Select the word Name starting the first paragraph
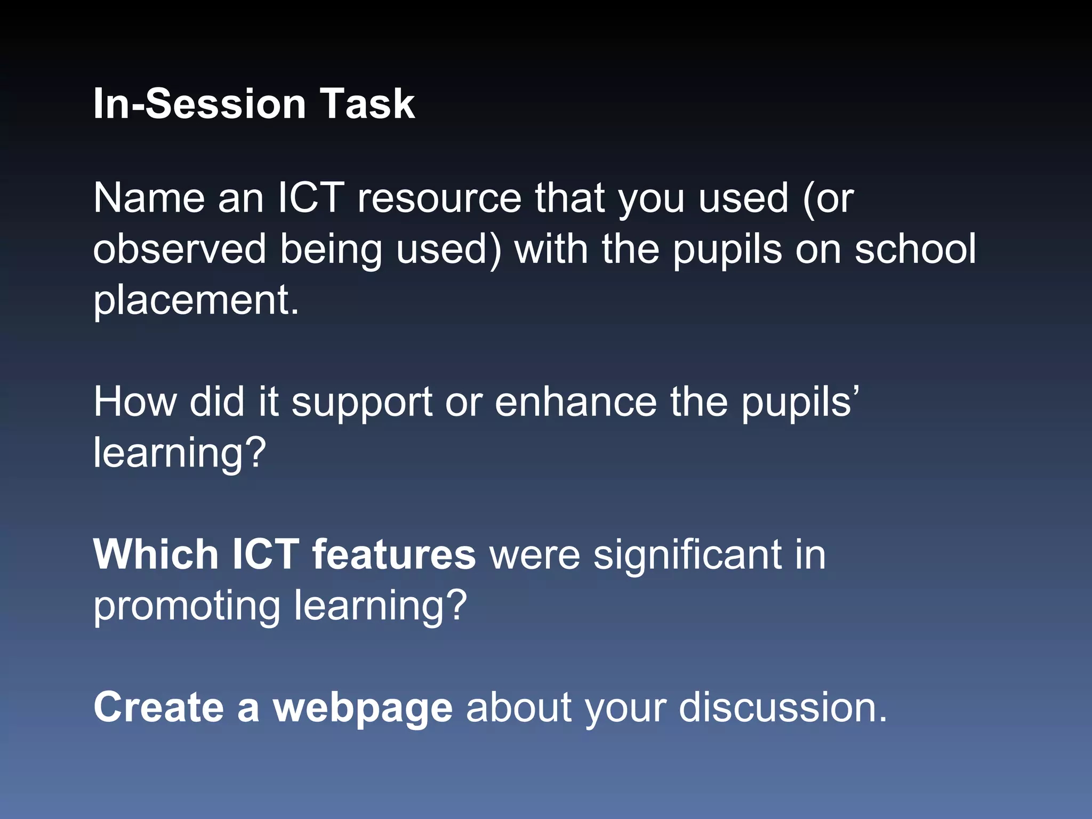(149, 198)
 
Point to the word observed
(179, 249)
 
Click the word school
(915, 249)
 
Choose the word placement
(195, 300)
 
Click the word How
(135, 402)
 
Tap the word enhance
(576, 402)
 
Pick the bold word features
(394, 555)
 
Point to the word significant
(687, 555)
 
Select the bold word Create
(158, 708)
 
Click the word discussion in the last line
(783, 708)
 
